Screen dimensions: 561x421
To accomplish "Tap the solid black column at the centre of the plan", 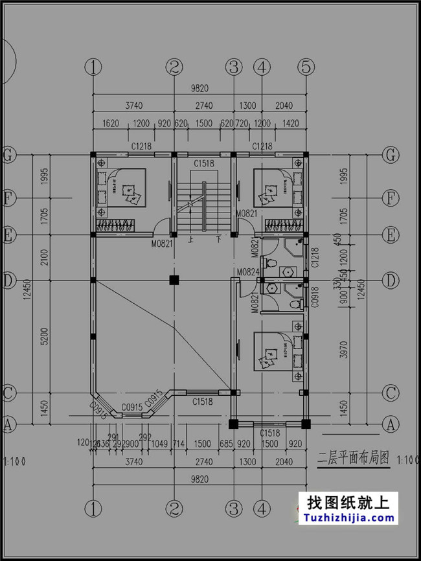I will pos(174,280).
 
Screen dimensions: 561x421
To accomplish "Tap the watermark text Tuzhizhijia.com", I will pos(347,518).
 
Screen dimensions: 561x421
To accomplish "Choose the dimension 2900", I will pos(129,443).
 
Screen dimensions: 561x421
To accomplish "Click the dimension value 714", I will pos(179,443).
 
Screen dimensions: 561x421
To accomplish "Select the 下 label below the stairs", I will pos(219,239).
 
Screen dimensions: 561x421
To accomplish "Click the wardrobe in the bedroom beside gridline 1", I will pos(116,225).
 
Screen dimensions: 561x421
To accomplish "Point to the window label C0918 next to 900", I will pos(315,296).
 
